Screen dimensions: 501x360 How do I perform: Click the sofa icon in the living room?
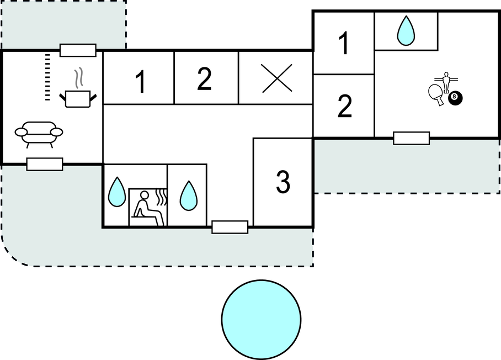tap(39, 134)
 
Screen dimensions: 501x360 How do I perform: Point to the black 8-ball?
tap(455, 98)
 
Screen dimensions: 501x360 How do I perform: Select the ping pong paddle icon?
tap(436, 94)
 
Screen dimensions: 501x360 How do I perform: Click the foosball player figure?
tap(446, 82)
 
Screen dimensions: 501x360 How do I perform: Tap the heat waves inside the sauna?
tap(161, 197)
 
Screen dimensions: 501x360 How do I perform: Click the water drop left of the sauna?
tap(117, 192)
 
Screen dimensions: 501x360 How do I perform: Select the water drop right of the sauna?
tap(189, 196)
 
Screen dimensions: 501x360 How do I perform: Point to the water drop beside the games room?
tap(406, 30)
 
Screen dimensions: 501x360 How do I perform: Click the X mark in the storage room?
tap(276, 78)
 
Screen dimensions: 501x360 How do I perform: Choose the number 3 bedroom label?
tap(283, 182)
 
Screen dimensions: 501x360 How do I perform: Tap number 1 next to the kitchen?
tap(140, 82)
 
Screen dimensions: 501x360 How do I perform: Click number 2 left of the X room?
tap(205, 78)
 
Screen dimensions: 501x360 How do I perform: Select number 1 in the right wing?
tap(344, 43)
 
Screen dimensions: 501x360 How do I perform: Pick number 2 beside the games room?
tap(344, 106)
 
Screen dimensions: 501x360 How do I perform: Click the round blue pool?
tap(262, 319)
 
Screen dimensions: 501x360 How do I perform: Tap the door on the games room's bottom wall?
tap(412, 138)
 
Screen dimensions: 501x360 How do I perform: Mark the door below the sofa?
tap(45, 164)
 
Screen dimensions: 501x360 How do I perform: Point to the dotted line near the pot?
tap(47, 77)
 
